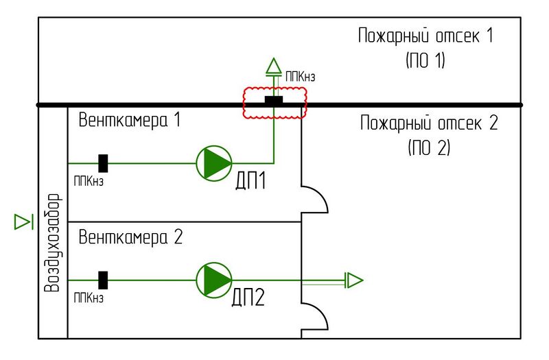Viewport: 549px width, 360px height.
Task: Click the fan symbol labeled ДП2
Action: coord(214,280)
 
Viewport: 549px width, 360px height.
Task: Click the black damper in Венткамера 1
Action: coord(104,163)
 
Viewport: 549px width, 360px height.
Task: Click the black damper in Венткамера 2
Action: coord(104,280)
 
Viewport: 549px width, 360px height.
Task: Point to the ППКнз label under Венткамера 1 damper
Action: coord(89,182)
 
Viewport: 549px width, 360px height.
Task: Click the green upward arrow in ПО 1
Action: coord(274,67)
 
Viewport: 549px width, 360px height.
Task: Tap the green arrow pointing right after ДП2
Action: coord(353,280)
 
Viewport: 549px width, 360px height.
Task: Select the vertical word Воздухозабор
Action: coord(52,243)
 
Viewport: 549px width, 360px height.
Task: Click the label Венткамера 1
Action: coord(129,121)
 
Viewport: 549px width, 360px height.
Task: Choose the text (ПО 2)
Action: coord(428,147)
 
